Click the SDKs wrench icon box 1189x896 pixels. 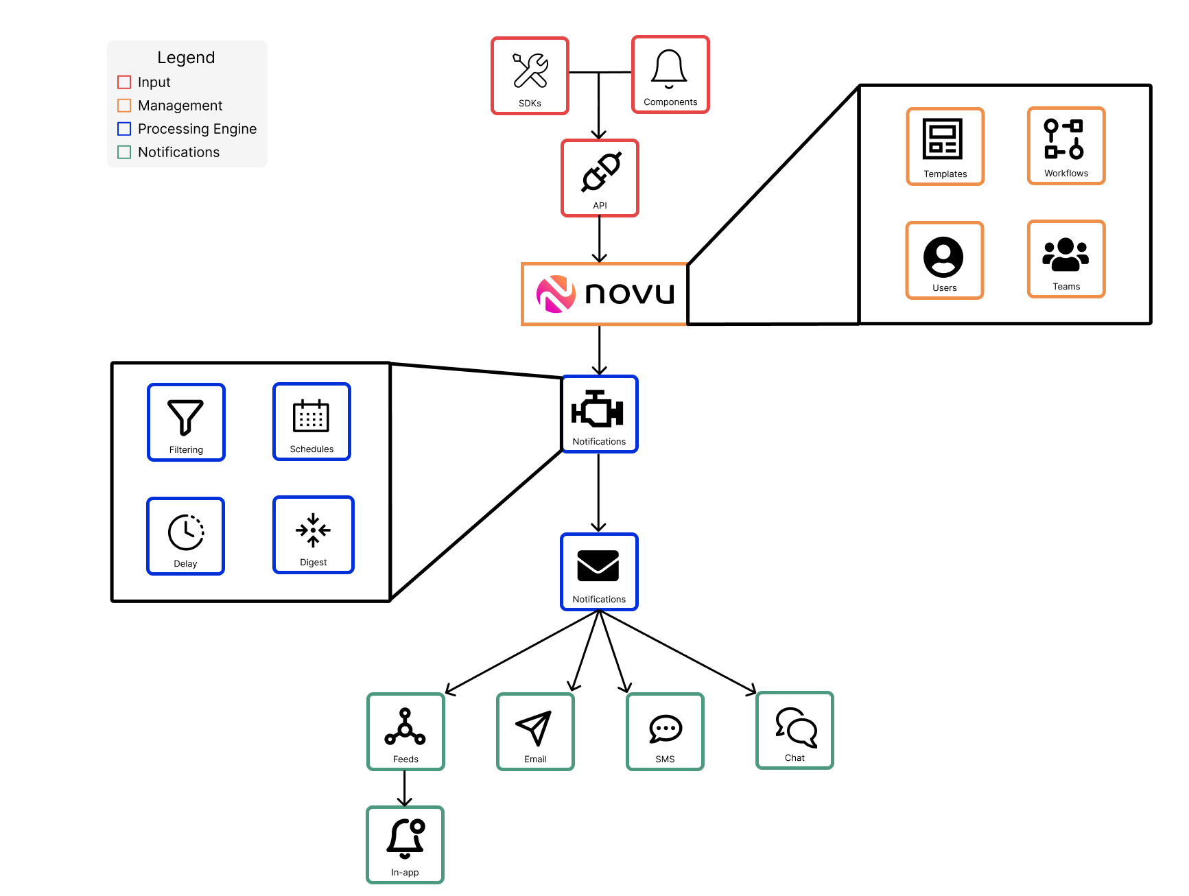[x=530, y=75]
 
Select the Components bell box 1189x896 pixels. [x=670, y=74]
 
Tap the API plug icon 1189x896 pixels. [x=601, y=172]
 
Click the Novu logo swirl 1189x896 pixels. [x=556, y=294]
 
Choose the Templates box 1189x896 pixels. [x=945, y=146]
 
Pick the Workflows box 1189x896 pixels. [x=1066, y=145]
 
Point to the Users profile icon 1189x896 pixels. [x=943, y=257]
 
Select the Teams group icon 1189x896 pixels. [x=1065, y=255]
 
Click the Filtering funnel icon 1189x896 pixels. [x=185, y=416]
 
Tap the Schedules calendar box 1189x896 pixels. [x=311, y=421]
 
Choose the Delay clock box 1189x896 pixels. [x=185, y=536]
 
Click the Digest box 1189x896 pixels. [x=314, y=534]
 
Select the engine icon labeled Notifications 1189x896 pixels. [x=598, y=410]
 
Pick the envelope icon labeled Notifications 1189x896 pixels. [x=598, y=566]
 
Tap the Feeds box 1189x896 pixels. [x=405, y=731]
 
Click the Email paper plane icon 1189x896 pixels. [x=534, y=728]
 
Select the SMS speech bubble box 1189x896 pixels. [x=665, y=731]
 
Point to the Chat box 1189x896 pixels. [x=794, y=730]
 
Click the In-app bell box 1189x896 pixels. [x=405, y=845]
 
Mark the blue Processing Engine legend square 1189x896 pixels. [x=124, y=129]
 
